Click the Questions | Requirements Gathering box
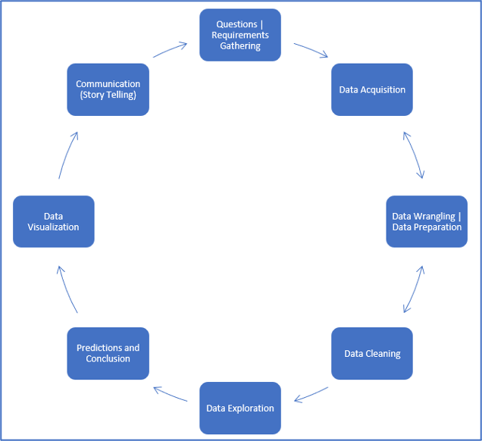point(239,35)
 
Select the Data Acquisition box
point(371,89)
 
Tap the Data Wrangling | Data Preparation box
point(426,221)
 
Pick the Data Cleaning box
point(371,353)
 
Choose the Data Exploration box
point(239,408)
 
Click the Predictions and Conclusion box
point(108,353)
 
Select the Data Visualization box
point(53,221)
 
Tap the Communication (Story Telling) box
point(108,89)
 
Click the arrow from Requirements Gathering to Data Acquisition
point(311,50)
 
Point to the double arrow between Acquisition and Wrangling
point(414,155)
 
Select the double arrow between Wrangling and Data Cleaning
point(414,287)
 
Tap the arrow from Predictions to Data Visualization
point(67,288)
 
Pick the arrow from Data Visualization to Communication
point(67,155)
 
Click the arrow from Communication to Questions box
point(170,49)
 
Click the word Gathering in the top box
point(239,46)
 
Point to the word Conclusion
point(108,358)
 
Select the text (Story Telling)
point(108,95)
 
